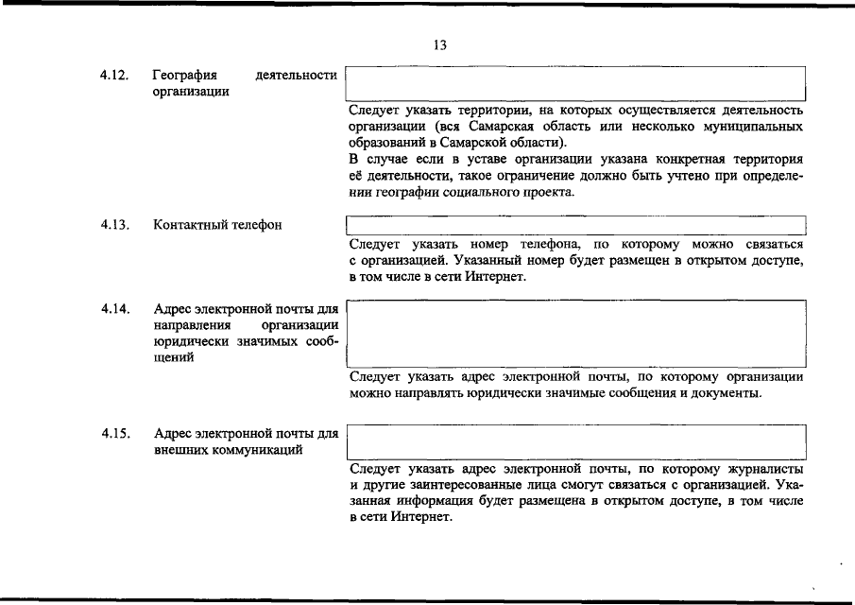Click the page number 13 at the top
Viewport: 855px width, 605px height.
tap(439, 44)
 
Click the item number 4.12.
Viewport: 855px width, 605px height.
tap(113, 75)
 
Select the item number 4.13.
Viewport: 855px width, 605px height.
tap(113, 225)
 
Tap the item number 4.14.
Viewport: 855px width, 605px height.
tap(113, 309)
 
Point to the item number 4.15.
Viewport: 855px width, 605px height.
tap(113, 434)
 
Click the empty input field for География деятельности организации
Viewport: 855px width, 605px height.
tap(575, 83)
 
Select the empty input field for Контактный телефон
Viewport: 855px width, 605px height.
tap(575, 225)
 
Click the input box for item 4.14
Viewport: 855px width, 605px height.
tap(575, 334)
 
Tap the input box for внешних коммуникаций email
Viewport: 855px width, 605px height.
tap(575, 441)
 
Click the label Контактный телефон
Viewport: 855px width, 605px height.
tap(217, 225)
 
